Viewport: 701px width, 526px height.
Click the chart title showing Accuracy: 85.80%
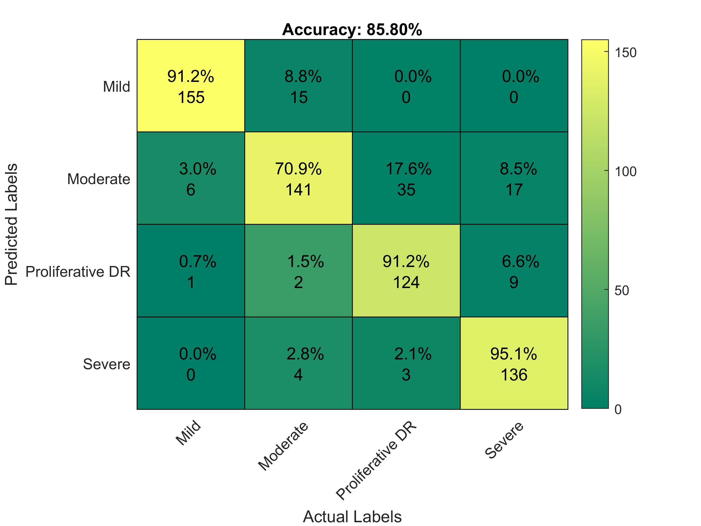click(352, 30)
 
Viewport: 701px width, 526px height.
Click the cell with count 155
click(191, 86)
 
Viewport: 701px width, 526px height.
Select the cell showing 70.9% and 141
click(298, 178)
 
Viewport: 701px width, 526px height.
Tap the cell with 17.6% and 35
click(406, 178)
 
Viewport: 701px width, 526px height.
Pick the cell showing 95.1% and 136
click(514, 363)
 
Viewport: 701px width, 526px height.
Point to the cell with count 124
click(406, 271)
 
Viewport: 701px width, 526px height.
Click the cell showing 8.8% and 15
click(298, 86)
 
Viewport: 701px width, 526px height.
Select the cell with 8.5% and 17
click(514, 178)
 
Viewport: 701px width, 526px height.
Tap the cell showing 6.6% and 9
click(514, 271)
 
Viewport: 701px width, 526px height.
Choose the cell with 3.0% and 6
click(191, 178)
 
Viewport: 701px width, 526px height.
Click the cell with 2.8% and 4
click(298, 363)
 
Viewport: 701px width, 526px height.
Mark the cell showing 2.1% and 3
click(406, 363)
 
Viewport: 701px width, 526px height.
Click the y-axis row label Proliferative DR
click(78, 272)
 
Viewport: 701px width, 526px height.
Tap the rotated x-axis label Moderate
click(283, 446)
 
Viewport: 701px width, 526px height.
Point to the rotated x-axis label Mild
click(188, 433)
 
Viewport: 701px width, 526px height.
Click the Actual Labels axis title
click(352, 516)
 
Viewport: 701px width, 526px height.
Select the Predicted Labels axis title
click(12, 224)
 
